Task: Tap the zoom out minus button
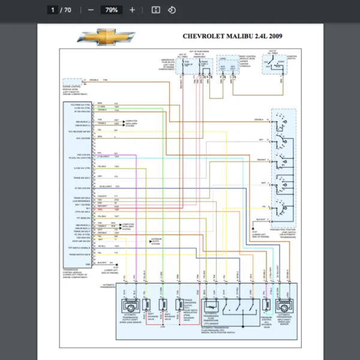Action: pyautogui.click(x=91, y=10)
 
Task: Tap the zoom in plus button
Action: pyautogui.click(x=132, y=10)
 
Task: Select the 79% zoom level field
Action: pyautogui.click(x=112, y=10)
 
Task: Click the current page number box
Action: pyautogui.click(x=53, y=10)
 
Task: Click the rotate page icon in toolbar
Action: pyautogui.click(x=172, y=10)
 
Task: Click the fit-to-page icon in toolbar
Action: pyautogui.click(x=155, y=10)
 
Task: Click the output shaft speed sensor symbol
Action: pyautogui.click(x=131, y=306)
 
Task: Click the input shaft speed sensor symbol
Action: pyautogui.click(x=281, y=306)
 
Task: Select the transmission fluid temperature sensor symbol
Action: pyautogui.click(x=211, y=305)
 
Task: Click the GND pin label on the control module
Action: pyautogui.click(x=88, y=263)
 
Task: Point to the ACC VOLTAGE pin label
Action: pyautogui.click(x=83, y=138)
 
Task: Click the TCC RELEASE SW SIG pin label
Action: pyautogui.click(x=79, y=130)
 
